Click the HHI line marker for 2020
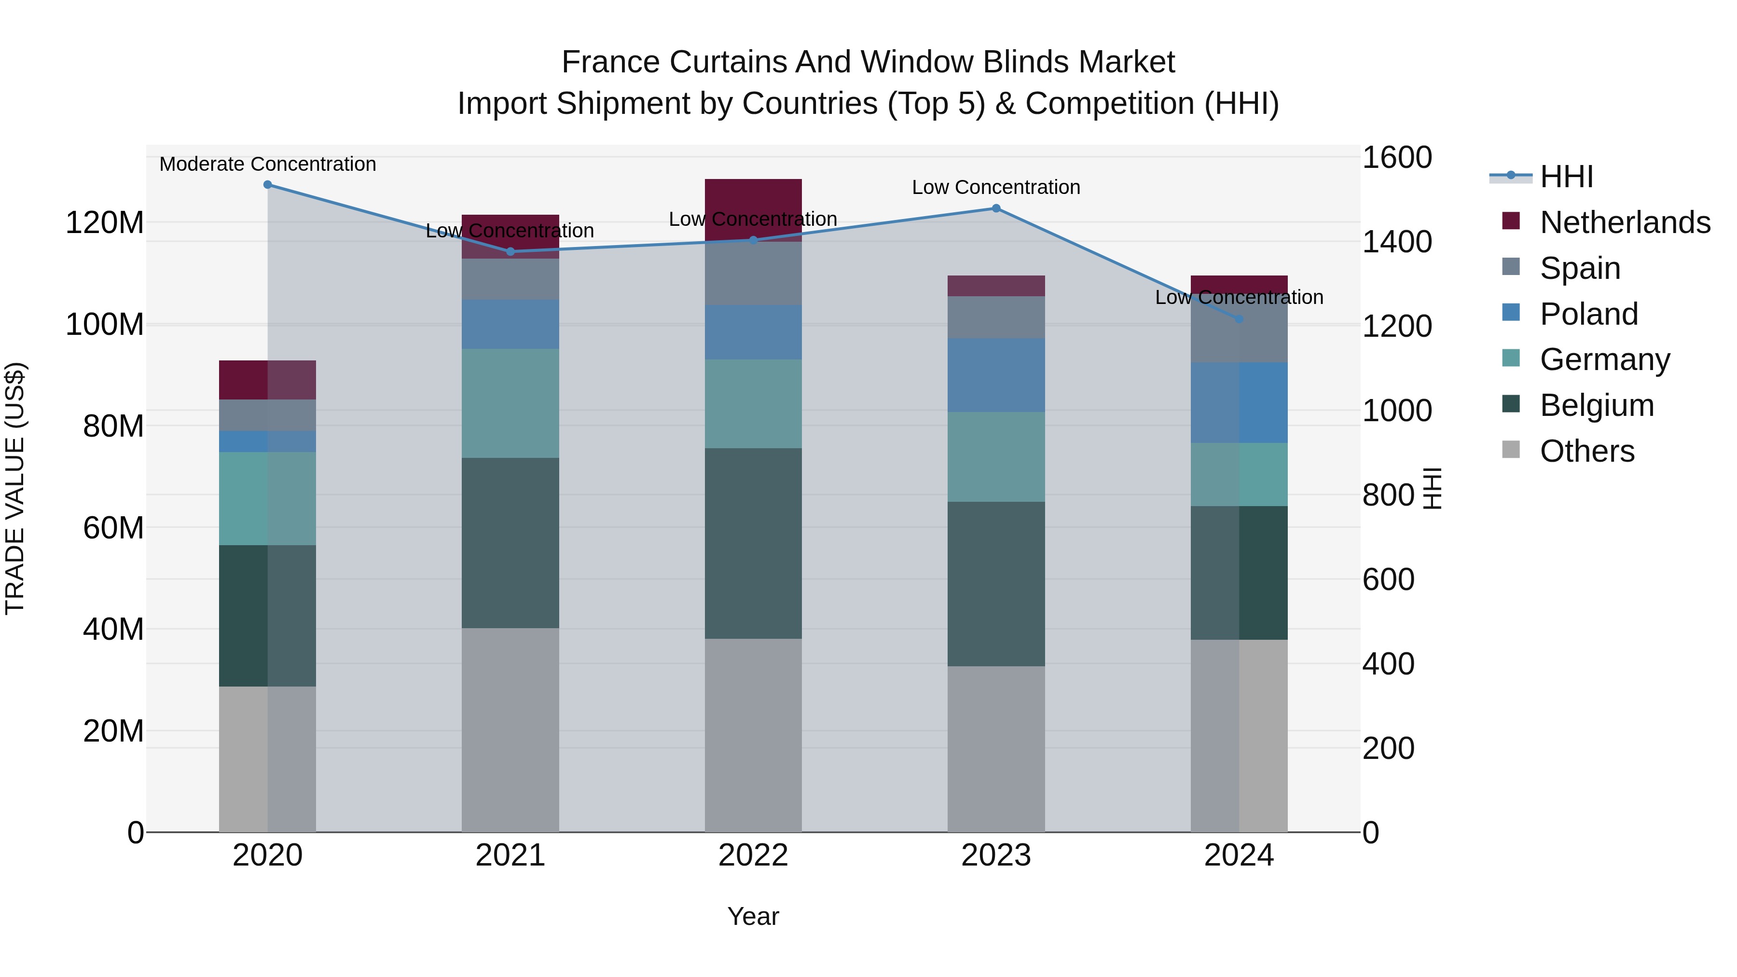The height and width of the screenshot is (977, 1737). click(x=268, y=185)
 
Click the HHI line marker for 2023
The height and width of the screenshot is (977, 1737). click(x=996, y=208)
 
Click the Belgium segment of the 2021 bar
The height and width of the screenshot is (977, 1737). click(x=510, y=543)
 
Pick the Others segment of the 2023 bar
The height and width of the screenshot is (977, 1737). click(x=996, y=748)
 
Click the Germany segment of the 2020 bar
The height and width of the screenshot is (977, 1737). click(x=268, y=498)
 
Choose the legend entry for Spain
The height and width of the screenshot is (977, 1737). click(x=1580, y=268)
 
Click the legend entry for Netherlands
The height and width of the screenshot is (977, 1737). click(x=1625, y=222)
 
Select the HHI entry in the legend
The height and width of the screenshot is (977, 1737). click(x=1566, y=177)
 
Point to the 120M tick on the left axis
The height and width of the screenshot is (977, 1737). click(x=105, y=222)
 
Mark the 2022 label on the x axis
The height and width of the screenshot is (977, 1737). click(x=753, y=855)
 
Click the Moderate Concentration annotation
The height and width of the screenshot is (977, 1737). click(x=268, y=164)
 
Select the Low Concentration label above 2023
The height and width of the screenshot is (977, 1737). click(x=996, y=188)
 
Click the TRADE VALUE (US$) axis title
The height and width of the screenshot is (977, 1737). click(x=15, y=488)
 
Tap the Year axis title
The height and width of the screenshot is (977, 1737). click(x=753, y=916)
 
